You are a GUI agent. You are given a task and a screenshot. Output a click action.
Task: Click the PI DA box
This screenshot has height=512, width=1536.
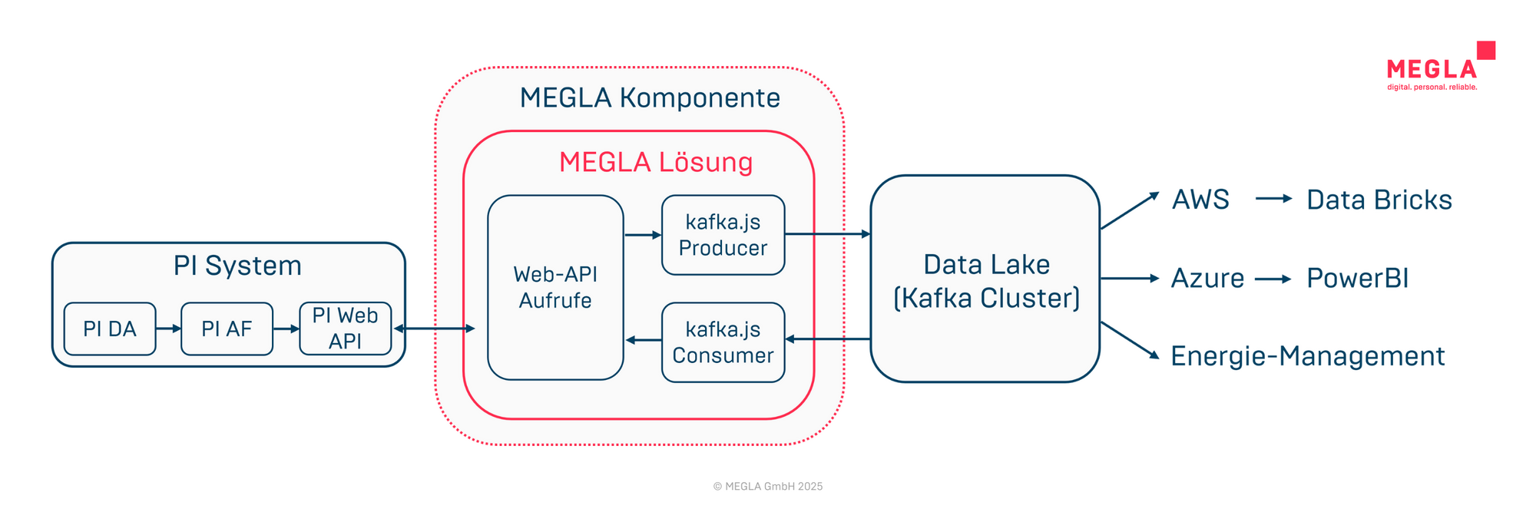click(x=110, y=329)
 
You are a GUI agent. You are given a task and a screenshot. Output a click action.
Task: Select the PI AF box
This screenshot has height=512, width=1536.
click(x=227, y=329)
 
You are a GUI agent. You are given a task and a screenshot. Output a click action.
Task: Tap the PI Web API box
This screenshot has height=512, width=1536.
click(x=345, y=329)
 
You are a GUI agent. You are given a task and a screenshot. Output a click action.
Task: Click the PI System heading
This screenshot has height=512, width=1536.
click(x=237, y=266)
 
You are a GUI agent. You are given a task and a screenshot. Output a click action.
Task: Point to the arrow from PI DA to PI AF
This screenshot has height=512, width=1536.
click(x=168, y=329)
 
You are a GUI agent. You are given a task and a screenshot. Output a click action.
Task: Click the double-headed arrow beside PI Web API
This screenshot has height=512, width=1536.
click(x=435, y=329)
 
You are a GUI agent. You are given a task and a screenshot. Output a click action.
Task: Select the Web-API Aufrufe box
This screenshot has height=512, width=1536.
click(x=555, y=287)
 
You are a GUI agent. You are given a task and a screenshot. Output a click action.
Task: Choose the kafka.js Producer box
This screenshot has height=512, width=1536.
click(x=723, y=235)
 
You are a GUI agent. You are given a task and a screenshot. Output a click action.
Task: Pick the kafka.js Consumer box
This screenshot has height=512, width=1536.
click(x=723, y=342)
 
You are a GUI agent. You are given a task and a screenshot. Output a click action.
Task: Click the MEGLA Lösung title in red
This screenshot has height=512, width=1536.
click(x=655, y=163)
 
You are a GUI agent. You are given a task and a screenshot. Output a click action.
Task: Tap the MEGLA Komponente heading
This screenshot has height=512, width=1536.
click(x=650, y=98)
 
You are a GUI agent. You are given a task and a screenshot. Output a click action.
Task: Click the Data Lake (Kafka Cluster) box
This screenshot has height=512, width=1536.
click(x=985, y=279)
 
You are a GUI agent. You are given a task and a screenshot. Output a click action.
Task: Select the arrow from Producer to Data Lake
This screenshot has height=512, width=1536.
click(x=828, y=233)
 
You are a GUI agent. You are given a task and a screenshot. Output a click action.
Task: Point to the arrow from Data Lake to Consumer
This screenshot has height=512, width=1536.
click(x=828, y=339)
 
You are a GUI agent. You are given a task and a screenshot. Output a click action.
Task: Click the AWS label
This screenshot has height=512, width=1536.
click(x=1200, y=200)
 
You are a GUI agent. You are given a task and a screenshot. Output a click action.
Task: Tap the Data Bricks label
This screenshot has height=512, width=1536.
click(x=1379, y=200)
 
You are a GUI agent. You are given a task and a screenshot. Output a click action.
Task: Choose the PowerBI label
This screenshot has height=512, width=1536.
click(x=1357, y=278)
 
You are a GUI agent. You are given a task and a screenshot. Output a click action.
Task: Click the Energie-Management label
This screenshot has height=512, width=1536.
click(x=1307, y=356)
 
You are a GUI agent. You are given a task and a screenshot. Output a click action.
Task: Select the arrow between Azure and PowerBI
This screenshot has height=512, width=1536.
click(x=1273, y=279)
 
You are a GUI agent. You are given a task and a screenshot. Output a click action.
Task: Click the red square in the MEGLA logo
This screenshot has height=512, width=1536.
click(x=1486, y=50)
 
